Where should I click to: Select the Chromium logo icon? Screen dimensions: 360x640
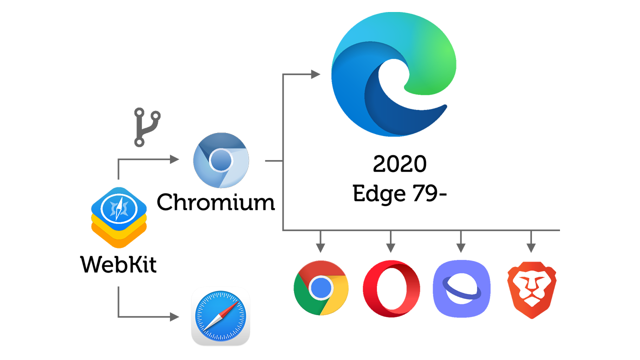[x=220, y=160]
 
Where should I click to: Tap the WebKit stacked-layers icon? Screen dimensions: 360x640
[x=119, y=217]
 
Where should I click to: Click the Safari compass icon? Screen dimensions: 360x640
[x=220, y=316]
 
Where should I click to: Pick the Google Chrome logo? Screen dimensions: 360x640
[x=321, y=287]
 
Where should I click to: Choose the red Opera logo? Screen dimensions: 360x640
[x=391, y=288]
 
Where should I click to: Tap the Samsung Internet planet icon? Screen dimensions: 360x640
[x=460, y=288]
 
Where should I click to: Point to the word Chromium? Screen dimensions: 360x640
[x=216, y=202]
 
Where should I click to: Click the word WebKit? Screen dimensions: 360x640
[x=118, y=263]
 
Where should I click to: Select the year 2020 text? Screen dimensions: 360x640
[x=399, y=163]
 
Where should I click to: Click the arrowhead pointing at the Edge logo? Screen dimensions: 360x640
[x=315, y=74]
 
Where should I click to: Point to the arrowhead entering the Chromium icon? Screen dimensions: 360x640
[x=174, y=159]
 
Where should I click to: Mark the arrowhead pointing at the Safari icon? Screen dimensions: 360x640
[x=174, y=317]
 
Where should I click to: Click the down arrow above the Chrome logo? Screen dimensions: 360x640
[x=321, y=247]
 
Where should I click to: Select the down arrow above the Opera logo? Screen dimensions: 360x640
[x=391, y=247]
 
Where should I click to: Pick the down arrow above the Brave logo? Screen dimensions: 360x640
[x=531, y=247]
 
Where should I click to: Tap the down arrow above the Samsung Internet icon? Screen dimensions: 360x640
[x=460, y=247]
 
